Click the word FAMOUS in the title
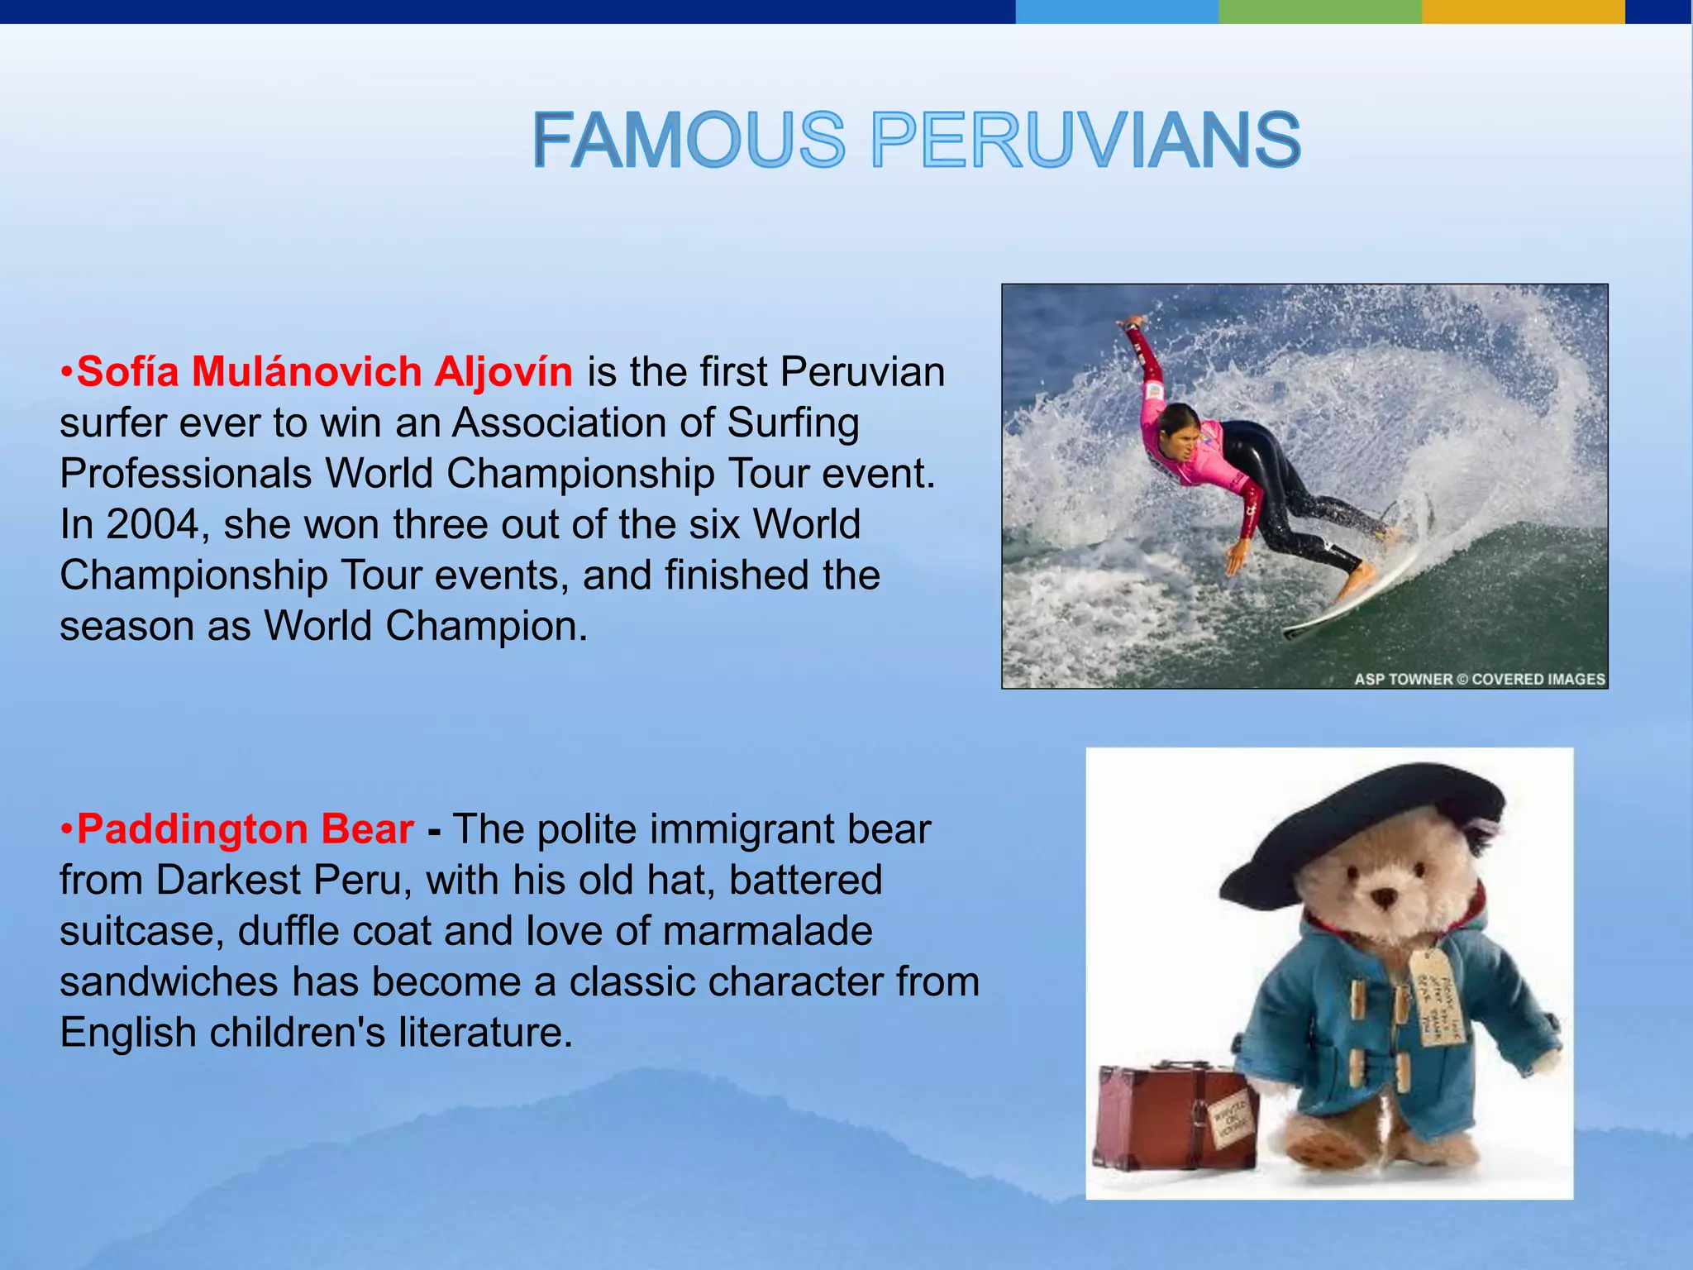click(x=689, y=141)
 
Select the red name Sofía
click(x=128, y=372)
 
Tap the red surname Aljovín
click(x=503, y=372)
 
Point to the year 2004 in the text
click(x=154, y=524)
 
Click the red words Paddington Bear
click(x=246, y=829)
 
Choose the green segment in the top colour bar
click(x=1319, y=11)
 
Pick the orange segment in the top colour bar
click(x=1523, y=11)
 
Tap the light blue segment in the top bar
click(x=1116, y=11)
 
